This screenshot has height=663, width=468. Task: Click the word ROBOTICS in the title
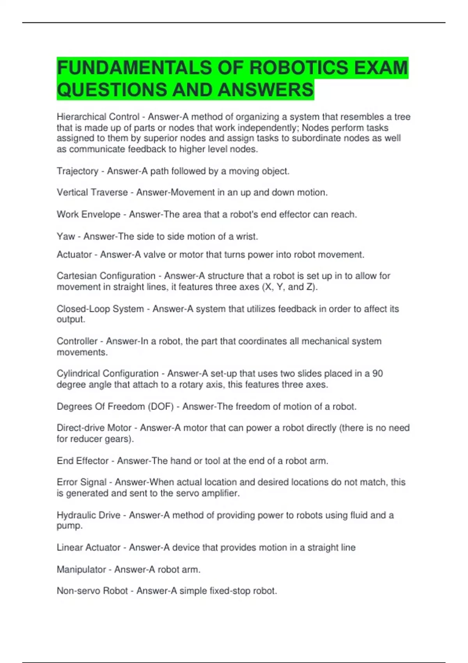(x=298, y=68)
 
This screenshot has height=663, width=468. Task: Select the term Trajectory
(x=78, y=171)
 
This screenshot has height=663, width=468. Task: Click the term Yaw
(x=66, y=236)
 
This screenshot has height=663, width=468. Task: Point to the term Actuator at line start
(x=74, y=255)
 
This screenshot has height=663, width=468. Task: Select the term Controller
(x=77, y=341)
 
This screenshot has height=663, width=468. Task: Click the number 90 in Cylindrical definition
(x=378, y=374)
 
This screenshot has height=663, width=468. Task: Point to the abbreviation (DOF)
(x=160, y=407)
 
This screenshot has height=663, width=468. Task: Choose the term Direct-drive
(x=81, y=428)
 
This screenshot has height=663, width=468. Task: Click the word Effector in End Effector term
(x=93, y=461)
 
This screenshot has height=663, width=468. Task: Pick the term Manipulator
(x=81, y=570)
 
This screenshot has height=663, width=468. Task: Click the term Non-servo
(x=73, y=591)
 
